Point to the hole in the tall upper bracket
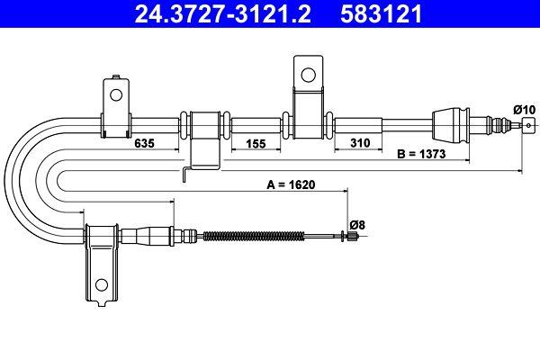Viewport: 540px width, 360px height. click(306, 74)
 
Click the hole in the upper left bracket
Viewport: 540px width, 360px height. click(113, 94)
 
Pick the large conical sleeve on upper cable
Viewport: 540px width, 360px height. click(451, 122)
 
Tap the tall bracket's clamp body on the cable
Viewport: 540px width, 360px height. click(306, 121)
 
